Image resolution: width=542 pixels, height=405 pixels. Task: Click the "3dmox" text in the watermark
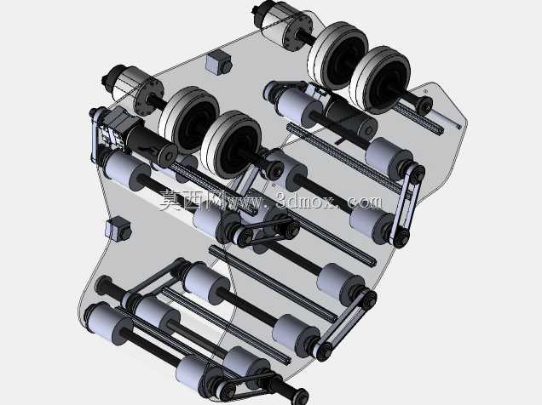(306, 201)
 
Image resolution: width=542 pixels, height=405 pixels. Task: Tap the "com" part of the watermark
(366, 202)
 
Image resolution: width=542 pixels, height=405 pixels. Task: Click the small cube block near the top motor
(218, 62)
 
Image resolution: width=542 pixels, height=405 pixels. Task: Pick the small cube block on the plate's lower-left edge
(118, 229)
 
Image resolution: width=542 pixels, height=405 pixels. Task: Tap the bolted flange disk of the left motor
(150, 97)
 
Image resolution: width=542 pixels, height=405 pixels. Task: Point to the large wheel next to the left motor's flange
(190, 119)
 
